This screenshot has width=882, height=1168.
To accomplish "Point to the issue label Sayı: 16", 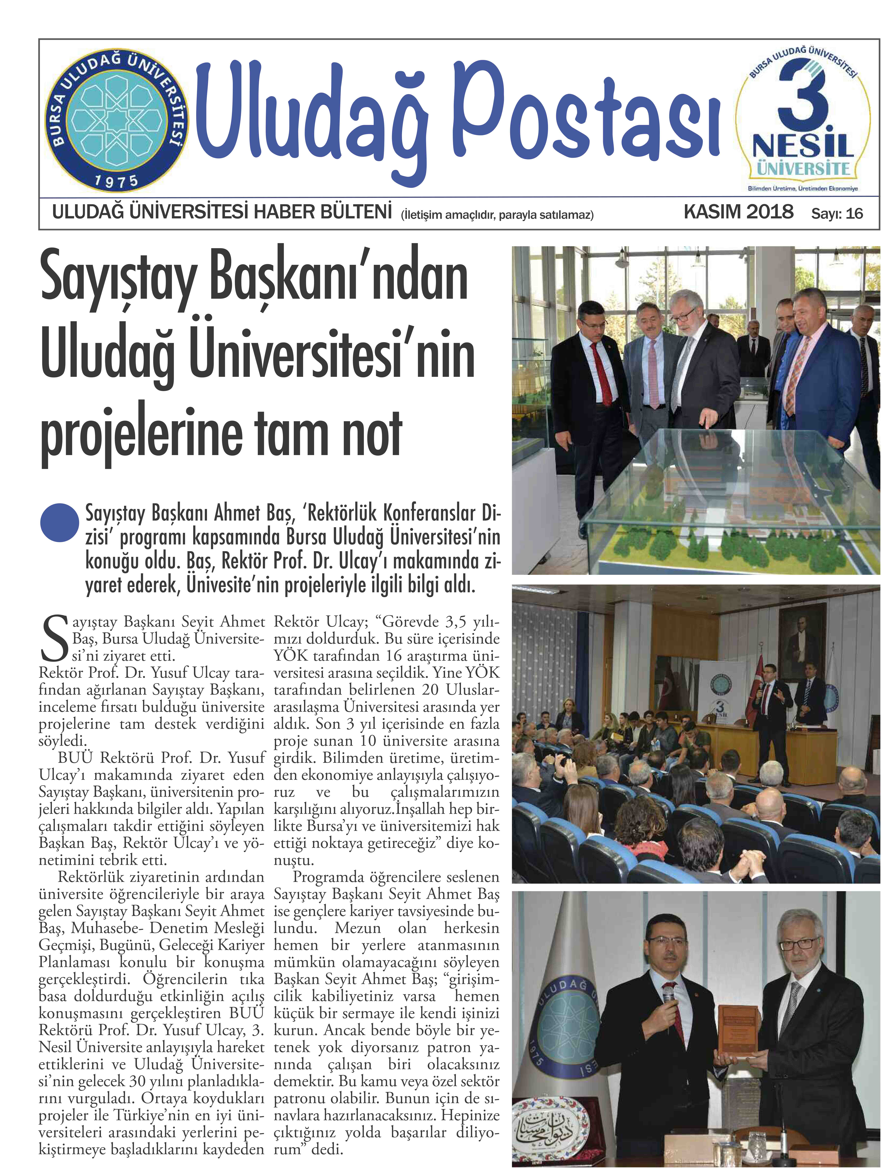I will [837, 213].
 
